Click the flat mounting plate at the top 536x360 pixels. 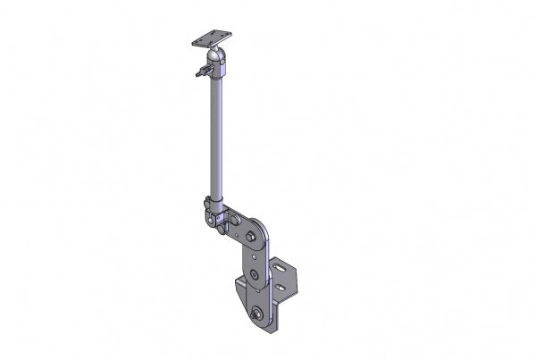(211, 38)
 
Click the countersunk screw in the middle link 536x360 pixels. (255, 275)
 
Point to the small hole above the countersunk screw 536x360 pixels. (254, 256)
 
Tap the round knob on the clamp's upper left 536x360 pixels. (207, 205)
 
